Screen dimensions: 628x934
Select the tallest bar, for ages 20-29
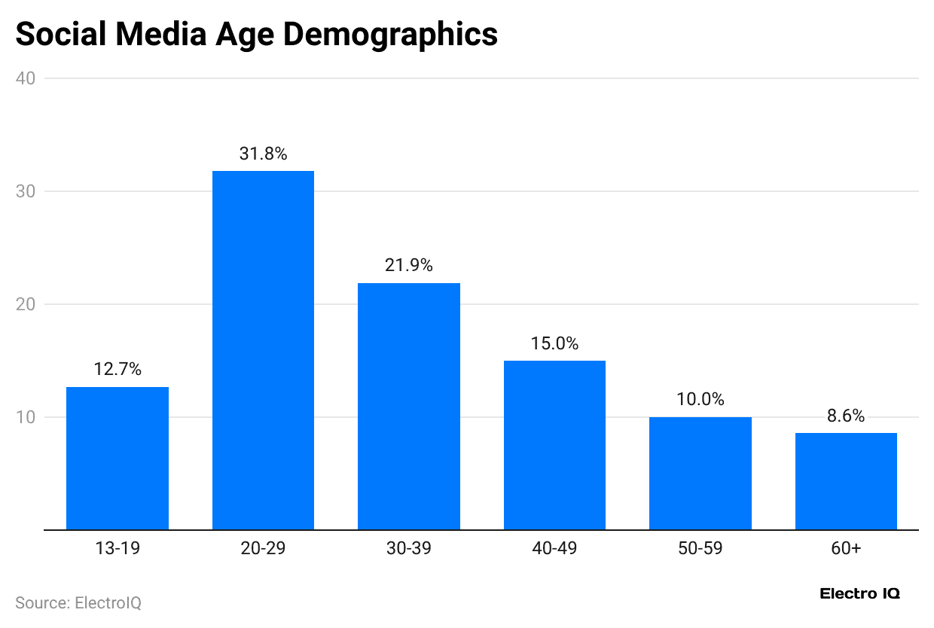(263, 350)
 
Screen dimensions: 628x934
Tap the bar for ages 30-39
(409, 406)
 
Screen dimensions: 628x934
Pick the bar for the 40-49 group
(554, 445)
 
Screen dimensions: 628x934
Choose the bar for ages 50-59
(700, 473)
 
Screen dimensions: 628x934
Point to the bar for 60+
(846, 481)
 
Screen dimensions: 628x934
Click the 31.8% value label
(263, 154)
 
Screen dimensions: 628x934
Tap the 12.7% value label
(118, 370)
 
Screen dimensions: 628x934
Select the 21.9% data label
(409, 266)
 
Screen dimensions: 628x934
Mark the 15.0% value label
(554, 344)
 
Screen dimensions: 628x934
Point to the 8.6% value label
(846, 416)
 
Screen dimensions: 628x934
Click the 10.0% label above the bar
(700, 400)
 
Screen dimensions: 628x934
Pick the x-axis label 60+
(846, 549)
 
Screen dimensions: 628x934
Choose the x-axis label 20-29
(263, 549)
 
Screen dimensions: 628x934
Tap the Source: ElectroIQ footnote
(78, 603)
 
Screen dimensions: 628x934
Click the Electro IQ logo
(859, 594)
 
